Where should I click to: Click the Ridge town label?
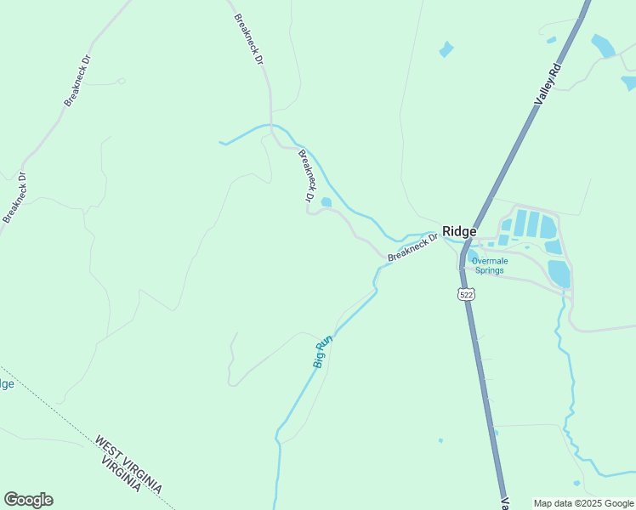(x=459, y=231)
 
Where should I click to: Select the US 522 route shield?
(x=465, y=294)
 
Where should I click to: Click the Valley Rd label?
(x=549, y=83)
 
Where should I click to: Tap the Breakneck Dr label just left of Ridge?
(x=412, y=248)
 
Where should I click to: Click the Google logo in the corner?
(x=28, y=500)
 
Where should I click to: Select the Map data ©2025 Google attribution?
(x=582, y=503)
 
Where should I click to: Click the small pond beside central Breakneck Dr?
(x=326, y=201)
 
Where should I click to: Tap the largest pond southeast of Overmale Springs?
(x=559, y=273)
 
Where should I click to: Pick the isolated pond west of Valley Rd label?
(x=446, y=49)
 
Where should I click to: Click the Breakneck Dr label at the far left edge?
(x=15, y=198)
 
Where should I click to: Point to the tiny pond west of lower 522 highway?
(x=440, y=440)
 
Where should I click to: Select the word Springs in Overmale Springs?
(x=489, y=271)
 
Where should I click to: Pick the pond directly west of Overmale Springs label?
(x=472, y=257)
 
